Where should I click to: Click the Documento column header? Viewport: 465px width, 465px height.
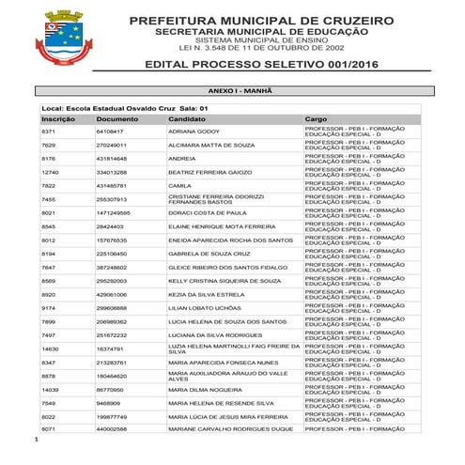116,119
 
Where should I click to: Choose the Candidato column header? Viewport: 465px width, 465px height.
186,119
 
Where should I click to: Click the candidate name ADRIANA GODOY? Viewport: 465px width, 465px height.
194,132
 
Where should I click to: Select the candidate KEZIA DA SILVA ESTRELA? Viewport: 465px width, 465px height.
206,294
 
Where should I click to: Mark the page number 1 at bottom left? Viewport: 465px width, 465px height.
35,439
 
